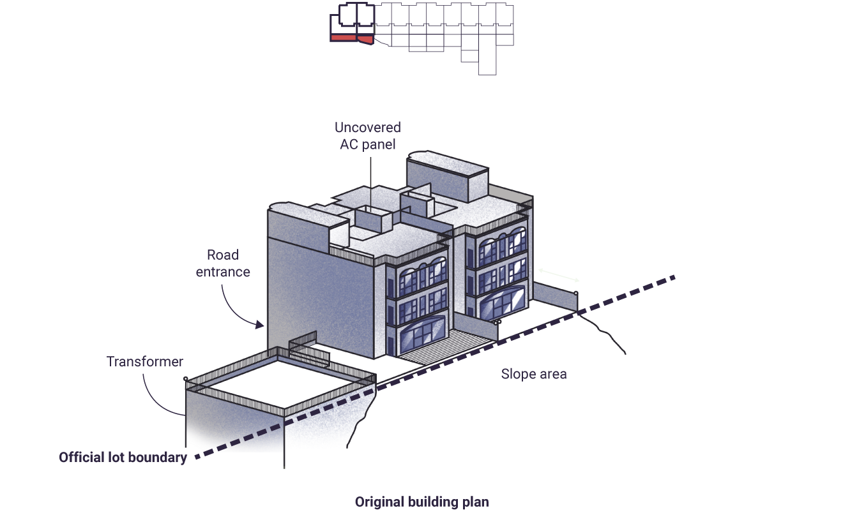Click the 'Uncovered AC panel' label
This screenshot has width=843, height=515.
pos(368,136)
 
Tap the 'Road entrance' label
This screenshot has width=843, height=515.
pos(223,264)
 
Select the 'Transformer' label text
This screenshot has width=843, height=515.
pos(144,361)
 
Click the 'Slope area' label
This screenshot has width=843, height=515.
pos(534,374)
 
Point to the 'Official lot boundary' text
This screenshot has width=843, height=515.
pos(123,458)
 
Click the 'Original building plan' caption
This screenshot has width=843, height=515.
pos(422,502)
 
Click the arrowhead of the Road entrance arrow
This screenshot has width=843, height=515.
pos(259,324)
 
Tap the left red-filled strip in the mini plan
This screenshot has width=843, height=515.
pos(344,38)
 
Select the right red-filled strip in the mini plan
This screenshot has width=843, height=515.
pos(365,40)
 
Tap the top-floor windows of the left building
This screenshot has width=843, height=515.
pos(423,277)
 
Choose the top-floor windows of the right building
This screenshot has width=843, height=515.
pos(503,246)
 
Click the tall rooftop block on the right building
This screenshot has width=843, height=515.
pos(447,177)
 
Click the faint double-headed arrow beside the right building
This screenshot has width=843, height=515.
pos(559,275)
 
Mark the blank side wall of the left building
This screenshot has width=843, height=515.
pos(321,297)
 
